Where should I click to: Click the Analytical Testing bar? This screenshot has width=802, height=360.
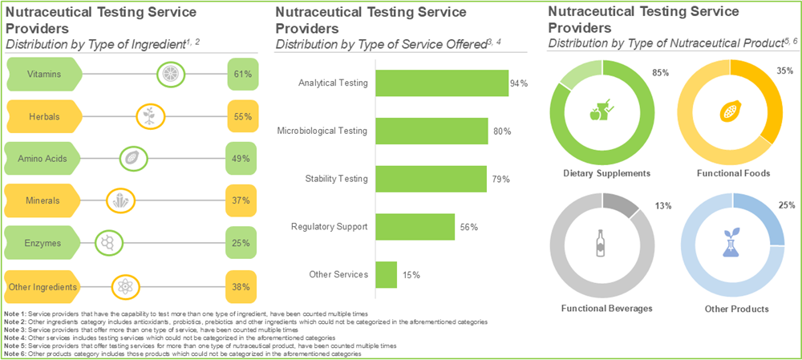[x=441, y=83]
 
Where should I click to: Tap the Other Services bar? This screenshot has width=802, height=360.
[x=386, y=275]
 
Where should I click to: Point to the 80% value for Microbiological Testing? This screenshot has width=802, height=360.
[x=502, y=131]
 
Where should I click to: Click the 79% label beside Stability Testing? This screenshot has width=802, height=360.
[x=500, y=179]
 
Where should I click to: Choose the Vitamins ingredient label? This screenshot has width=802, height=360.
[x=43, y=74]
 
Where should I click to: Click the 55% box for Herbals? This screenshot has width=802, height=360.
[x=241, y=116]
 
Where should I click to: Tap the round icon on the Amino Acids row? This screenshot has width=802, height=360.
[x=130, y=159]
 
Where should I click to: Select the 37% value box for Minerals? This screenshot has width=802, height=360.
[x=241, y=200]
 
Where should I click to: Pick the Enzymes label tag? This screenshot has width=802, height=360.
[x=43, y=243]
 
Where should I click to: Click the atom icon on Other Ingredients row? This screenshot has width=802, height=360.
[x=124, y=286]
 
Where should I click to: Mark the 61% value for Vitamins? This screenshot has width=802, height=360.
[x=241, y=74]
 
